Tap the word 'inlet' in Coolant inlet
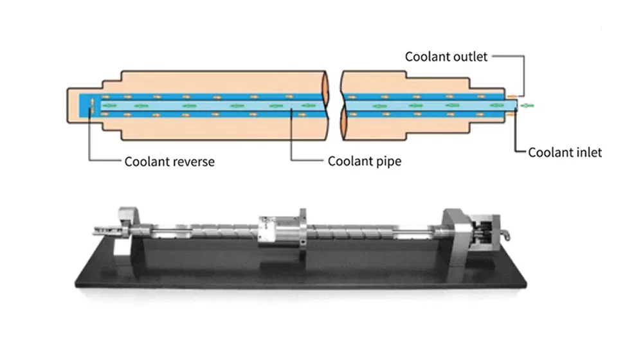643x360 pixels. pos(584,152)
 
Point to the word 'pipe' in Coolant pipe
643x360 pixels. pos(388,161)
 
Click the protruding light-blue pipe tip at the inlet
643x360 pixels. pos(517,104)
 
